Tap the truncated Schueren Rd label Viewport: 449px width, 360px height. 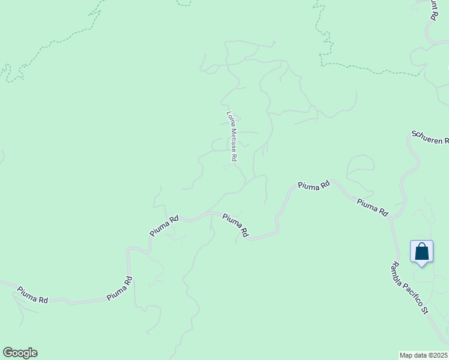coord(430,137)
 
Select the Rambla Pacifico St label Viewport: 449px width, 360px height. coord(409,288)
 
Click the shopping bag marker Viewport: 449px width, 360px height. coord(421,251)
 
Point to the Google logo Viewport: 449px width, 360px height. coord(20,353)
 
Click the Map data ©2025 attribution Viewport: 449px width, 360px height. coord(424,355)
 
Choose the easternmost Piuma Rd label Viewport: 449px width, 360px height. coord(372,208)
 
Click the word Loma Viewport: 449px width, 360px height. coord(229,117)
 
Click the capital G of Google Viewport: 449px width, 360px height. coord(8,353)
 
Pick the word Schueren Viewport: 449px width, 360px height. coord(426,136)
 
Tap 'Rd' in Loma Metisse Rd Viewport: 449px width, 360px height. coord(234,158)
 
